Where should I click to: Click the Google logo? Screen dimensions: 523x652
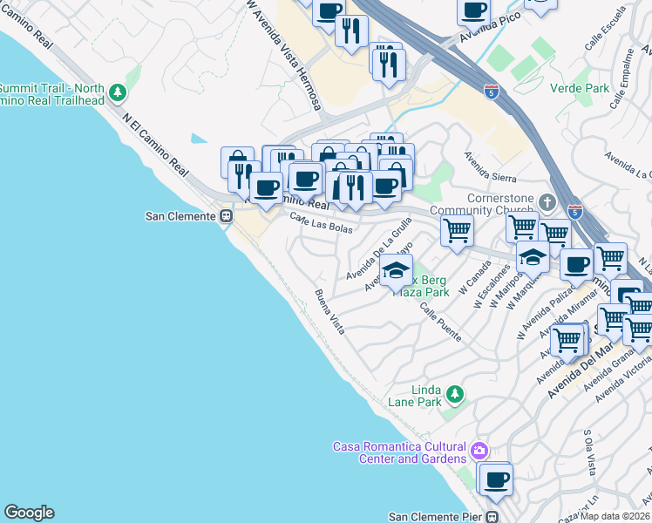point(29,513)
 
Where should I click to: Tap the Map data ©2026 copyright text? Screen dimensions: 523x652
point(614,516)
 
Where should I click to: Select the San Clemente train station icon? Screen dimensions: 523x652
point(226,216)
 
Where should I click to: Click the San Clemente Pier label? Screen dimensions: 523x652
point(435,516)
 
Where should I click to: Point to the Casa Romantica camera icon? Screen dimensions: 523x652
point(478,452)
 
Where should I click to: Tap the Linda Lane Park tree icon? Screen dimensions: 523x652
point(454,396)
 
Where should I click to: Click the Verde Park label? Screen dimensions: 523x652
point(580,88)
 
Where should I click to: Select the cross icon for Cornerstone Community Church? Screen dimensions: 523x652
point(547,202)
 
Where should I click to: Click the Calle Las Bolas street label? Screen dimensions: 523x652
point(322,224)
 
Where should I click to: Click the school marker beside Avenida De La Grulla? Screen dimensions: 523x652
point(396,271)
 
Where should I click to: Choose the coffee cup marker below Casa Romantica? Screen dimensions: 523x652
point(497,480)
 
